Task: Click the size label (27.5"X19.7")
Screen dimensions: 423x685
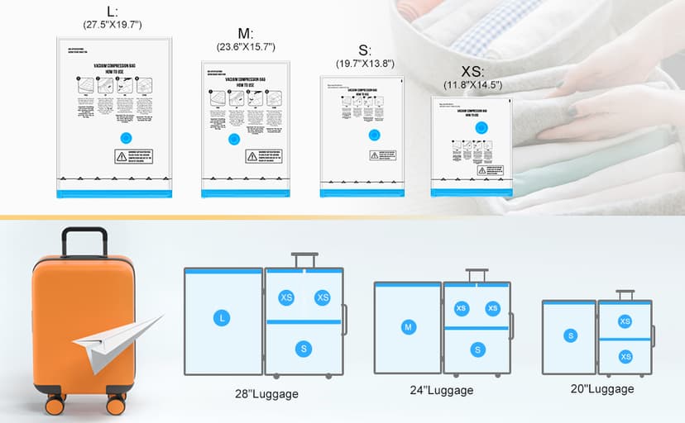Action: click(x=113, y=25)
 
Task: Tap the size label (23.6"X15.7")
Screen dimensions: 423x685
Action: click(x=245, y=47)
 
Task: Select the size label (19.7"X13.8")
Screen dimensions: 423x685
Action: click(x=365, y=64)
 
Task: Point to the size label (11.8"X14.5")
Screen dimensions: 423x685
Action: click(x=472, y=85)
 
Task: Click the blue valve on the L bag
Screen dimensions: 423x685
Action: click(x=127, y=138)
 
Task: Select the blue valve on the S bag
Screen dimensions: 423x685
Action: click(x=374, y=135)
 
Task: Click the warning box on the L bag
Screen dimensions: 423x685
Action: click(x=132, y=158)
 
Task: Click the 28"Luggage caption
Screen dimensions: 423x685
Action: click(x=266, y=394)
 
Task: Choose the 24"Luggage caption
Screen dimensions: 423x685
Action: click(x=443, y=391)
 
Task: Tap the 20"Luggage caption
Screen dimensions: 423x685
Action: click(x=603, y=389)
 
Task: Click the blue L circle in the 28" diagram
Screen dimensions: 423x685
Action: click(x=221, y=317)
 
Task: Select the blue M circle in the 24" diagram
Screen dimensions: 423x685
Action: click(x=408, y=328)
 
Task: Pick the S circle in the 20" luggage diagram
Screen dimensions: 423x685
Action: click(x=570, y=335)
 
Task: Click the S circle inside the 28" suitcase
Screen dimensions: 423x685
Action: click(x=304, y=349)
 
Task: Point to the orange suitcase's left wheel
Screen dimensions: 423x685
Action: click(x=55, y=405)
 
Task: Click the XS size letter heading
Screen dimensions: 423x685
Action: click(x=472, y=71)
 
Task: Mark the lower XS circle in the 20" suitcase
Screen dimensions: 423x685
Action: click(x=625, y=356)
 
